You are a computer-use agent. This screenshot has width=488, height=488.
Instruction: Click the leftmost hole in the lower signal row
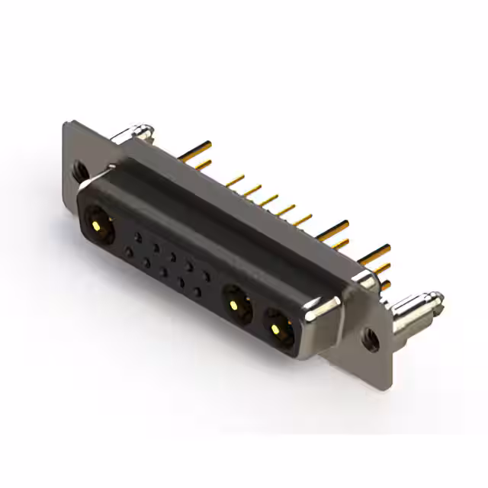coord(129,251)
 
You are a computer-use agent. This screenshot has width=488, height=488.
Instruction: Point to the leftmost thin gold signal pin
coord(233,181)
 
